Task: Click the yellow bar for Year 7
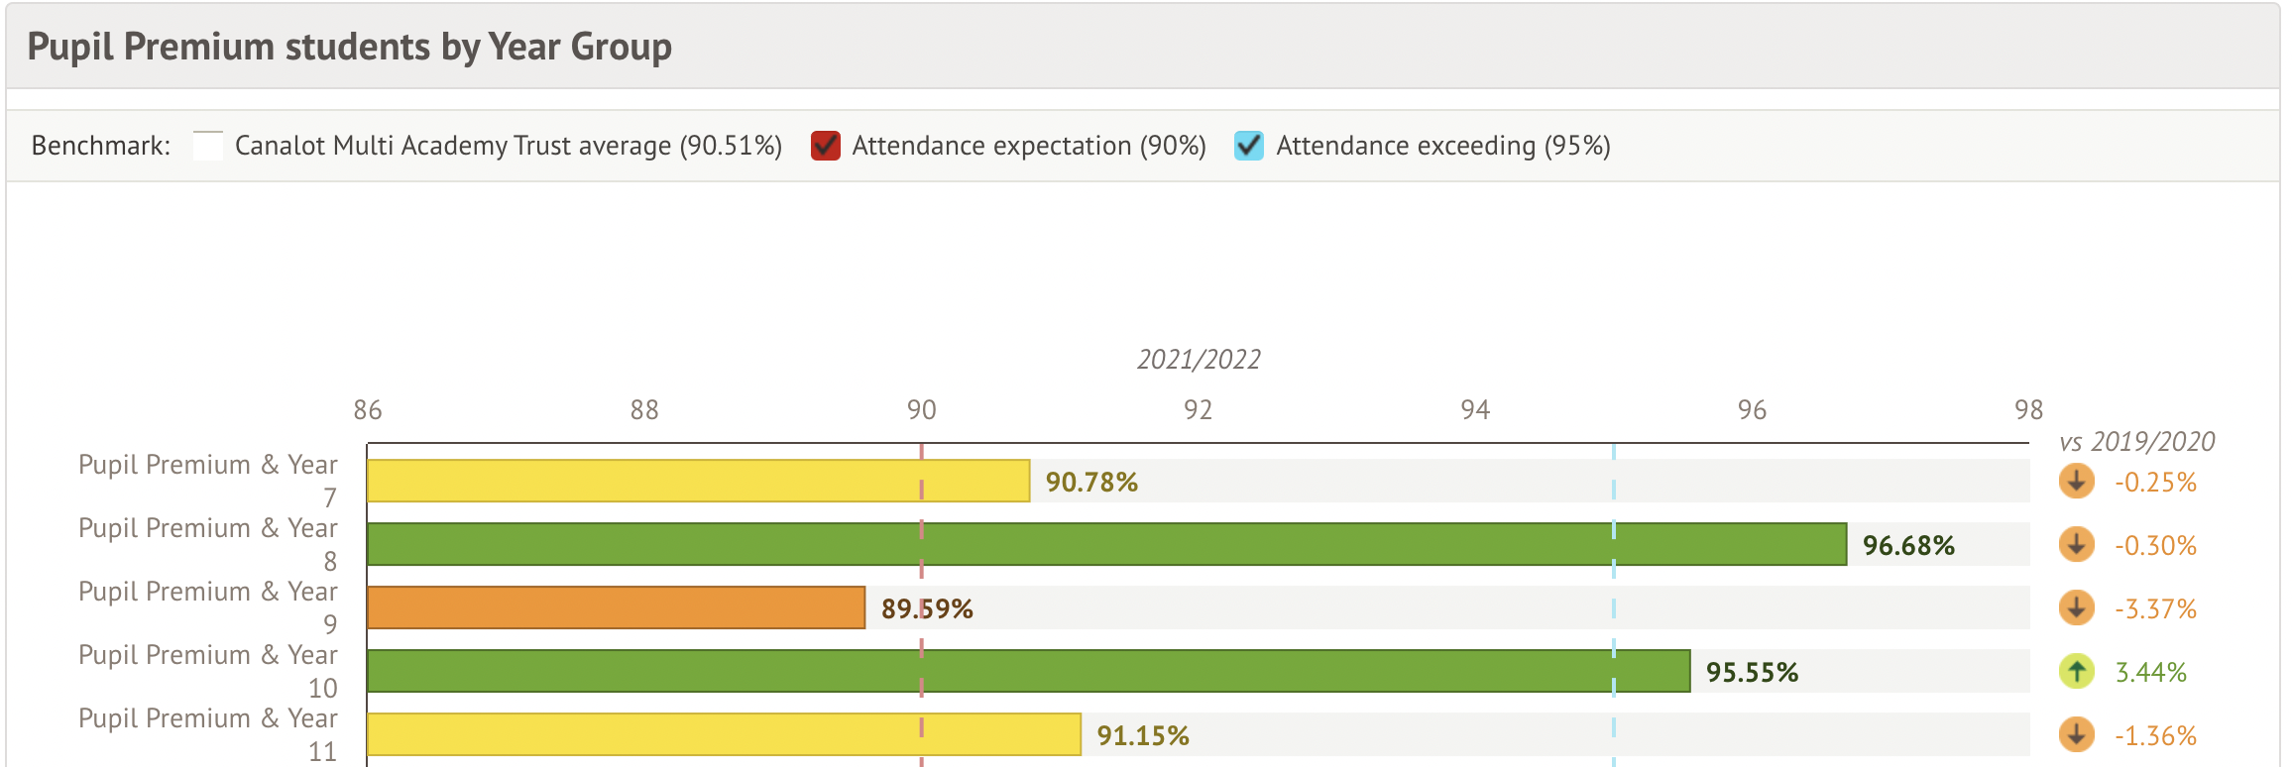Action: [x=698, y=482]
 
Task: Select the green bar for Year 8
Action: [x=1106, y=545]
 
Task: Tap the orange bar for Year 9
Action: [x=616, y=608]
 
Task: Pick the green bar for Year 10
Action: [x=1028, y=672]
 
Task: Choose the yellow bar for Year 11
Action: [x=724, y=735]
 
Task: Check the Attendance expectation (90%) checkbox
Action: [x=826, y=146]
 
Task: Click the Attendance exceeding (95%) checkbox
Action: [x=1249, y=146]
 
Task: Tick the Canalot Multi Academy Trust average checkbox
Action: [x=208, y=146]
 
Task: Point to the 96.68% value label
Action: [x=1908, y=546]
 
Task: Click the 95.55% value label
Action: [x=1752, y=673]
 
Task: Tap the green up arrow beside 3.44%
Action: [x=2076, y=672]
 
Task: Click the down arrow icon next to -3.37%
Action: [x=2076, y=607]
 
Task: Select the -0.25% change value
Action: [x=2155, y=483]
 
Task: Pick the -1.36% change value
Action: [x=2155, y=736]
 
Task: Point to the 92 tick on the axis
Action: [x=1198, y=410]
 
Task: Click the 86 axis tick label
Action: [x=367, y=410]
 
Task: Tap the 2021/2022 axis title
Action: [x=1199, y=360]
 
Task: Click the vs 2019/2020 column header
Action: [x=2136, y=442]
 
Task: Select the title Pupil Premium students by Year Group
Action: [x=349, y=48]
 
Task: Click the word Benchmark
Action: [x=100, y=146]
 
